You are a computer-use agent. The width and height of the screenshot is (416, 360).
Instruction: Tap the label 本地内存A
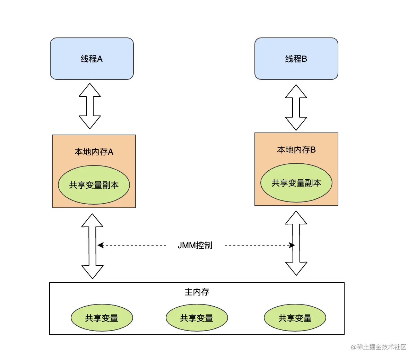[x=94, y=152]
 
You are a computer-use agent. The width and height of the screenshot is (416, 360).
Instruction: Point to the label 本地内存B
[x=296, y=150]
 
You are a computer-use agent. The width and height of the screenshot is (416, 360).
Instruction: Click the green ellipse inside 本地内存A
[x=94, y=185]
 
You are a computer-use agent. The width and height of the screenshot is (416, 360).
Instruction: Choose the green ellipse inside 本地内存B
[x=296, y=183]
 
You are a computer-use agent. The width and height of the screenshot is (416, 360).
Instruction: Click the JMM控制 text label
[x=195, y=246]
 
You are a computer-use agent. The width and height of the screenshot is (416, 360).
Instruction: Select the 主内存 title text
[x=197, y=292]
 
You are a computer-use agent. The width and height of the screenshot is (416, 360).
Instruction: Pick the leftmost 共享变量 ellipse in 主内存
[x=102, y=318]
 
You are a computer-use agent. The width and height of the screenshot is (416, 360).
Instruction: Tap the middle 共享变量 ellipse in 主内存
[x=197, y=318]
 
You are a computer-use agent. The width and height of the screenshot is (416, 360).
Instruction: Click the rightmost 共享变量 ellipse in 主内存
[x=295, y=318]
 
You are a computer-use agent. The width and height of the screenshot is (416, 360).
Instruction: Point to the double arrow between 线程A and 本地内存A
[x=90, y=106]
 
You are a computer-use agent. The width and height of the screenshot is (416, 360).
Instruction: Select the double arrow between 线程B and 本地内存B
[x=296, y=108]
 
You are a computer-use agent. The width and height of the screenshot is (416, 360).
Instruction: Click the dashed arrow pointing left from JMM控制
[x=132, y=245]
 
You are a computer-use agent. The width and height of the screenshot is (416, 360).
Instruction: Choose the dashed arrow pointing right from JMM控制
[x=258, y=245]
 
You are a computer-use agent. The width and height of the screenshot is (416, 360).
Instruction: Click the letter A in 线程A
[x=100, y=59]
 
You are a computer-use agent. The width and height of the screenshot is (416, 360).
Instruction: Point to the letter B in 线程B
[x=304, y=59]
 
